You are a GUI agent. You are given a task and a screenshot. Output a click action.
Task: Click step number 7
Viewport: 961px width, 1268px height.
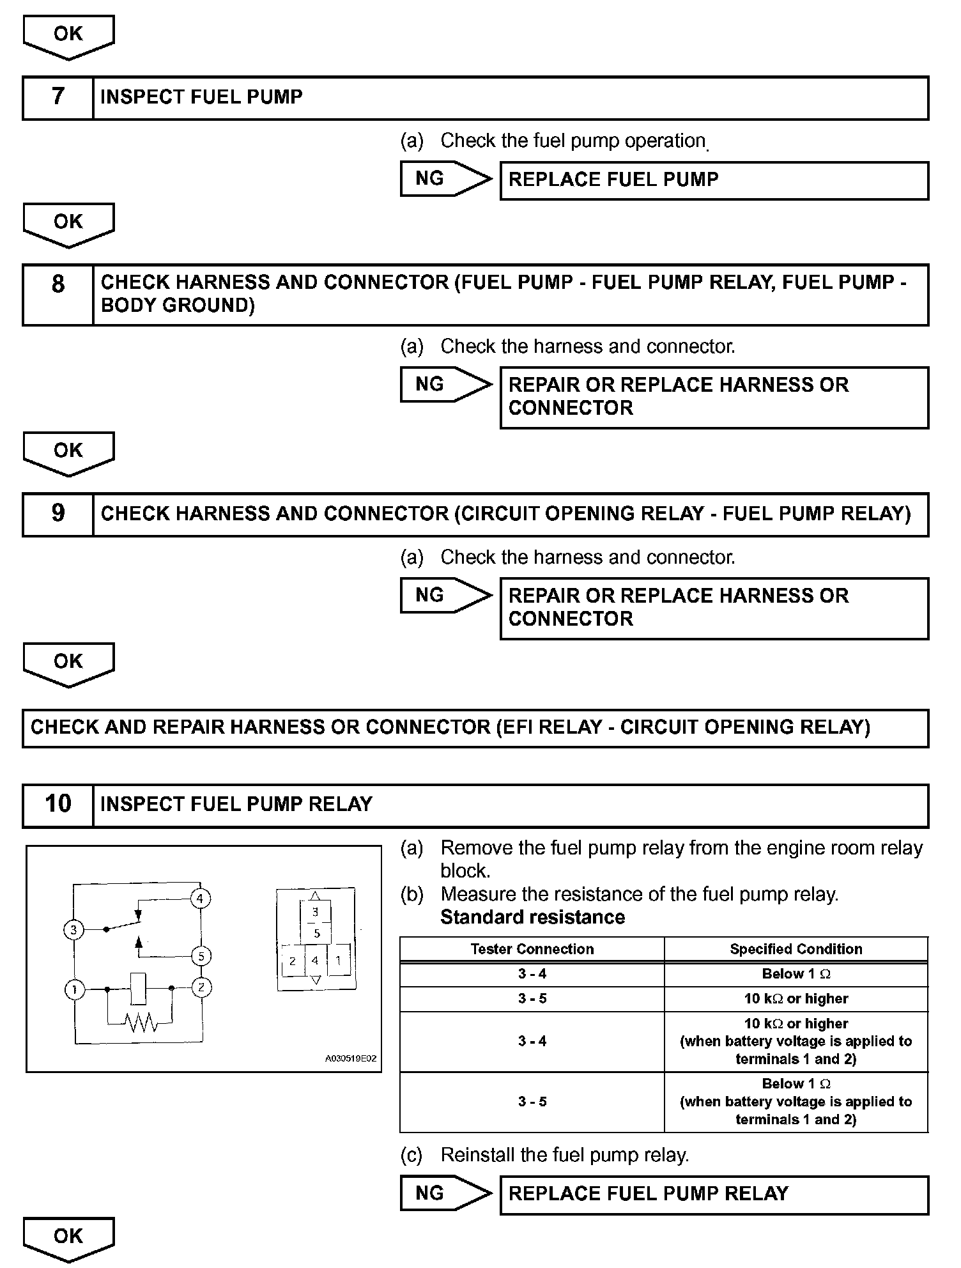[58, 97]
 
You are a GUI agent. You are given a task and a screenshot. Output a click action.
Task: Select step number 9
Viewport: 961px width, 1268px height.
[58, 514]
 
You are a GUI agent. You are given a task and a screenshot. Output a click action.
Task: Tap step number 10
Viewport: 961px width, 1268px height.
[58, 804]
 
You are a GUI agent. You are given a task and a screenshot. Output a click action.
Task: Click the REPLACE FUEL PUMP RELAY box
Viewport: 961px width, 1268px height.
[713, 1194]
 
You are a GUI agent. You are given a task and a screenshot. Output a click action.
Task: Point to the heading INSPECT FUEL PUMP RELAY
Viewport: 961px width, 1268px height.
[236, 804]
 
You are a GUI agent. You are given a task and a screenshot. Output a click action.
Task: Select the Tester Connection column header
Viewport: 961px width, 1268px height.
[532, 949]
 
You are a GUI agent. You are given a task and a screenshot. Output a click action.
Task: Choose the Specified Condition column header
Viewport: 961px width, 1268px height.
[796, 949]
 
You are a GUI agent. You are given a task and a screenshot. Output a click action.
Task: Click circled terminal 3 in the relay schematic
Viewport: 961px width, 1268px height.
[74, 930]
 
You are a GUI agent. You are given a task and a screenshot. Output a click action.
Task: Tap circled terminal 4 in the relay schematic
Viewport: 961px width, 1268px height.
[200, 899]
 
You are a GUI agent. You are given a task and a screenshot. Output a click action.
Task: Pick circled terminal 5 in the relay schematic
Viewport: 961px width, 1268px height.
[201, 957]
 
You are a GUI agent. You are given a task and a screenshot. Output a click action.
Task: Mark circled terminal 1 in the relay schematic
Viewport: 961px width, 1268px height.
[75, 990]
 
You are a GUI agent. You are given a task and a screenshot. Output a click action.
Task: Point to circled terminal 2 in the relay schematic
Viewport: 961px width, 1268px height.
[201, 987]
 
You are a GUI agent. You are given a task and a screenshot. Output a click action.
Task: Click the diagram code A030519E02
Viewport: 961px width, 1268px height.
[351, 1058]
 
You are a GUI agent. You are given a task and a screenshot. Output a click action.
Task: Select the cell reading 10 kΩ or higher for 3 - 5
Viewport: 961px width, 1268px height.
[796, 999]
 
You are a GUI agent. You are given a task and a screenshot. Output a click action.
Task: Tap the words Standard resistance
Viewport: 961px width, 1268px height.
[532, 917]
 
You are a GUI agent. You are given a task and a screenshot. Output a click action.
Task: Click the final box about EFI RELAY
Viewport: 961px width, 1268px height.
[475, 727]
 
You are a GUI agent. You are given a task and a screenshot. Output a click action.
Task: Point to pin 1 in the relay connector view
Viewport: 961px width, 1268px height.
[338, 961]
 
